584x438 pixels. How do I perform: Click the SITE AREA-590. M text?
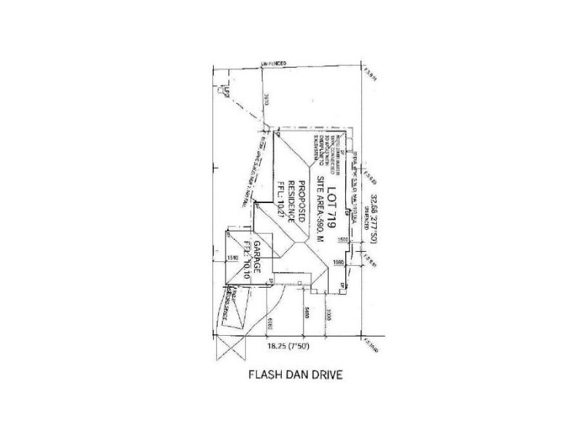coord(319,207)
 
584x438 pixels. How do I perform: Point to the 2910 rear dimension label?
coord(268,100)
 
